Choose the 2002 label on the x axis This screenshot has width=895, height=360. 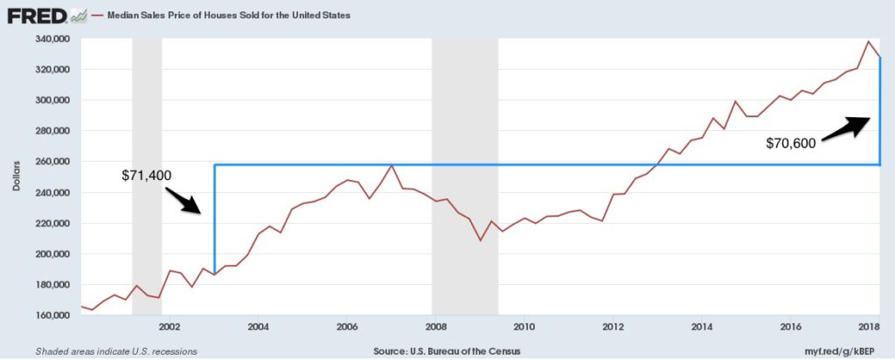(170, 327)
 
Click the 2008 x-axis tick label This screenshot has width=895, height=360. (435, 327)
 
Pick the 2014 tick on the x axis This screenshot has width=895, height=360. (701, 327)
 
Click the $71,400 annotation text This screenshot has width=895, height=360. (146, 176)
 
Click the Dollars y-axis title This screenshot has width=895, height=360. (17, 177)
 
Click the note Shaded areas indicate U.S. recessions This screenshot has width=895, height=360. (116, 350)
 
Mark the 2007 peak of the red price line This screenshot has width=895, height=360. (392, 164)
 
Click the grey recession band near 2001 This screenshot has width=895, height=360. (147, 175)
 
